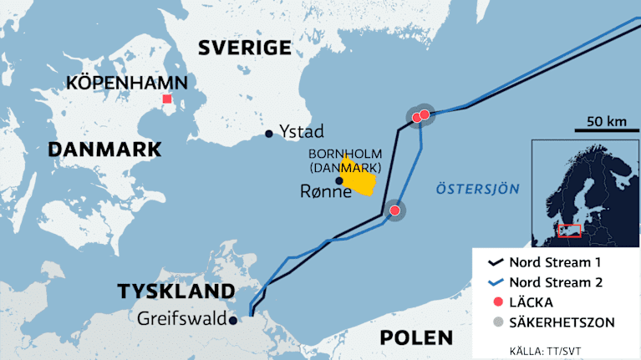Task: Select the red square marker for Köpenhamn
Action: (167, 99)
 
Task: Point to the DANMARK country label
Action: (104, 150)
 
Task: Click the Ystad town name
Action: (303, 132)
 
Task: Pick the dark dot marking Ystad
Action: (268, 134)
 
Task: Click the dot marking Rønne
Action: (338, 180)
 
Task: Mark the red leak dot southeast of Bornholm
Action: (394, 210)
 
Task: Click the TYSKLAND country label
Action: (176, 292)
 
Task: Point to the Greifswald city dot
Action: (233, 319)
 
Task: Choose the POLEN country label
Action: (416, 338)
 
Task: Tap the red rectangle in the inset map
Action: (569, 230)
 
